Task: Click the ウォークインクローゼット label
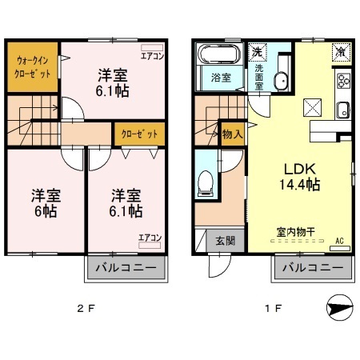pos(34,66)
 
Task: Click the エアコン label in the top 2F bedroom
pos(152,56)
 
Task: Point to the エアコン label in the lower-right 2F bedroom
pos(149,238)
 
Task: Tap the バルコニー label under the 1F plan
pos(314,269)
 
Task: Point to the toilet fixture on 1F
pos(206,183)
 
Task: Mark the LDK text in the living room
pos(299,169)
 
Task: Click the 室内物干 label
pos(295,232)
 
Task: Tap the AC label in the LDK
pos(338,240)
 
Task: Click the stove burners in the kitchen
pos(344,81)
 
